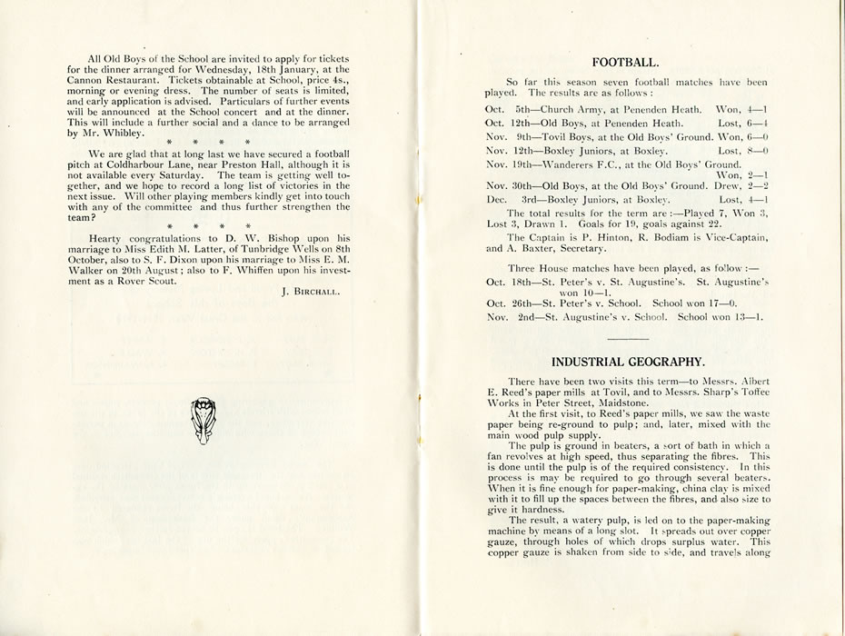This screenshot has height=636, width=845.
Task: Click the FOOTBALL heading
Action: pyautogui.click(x=625, y=63)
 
